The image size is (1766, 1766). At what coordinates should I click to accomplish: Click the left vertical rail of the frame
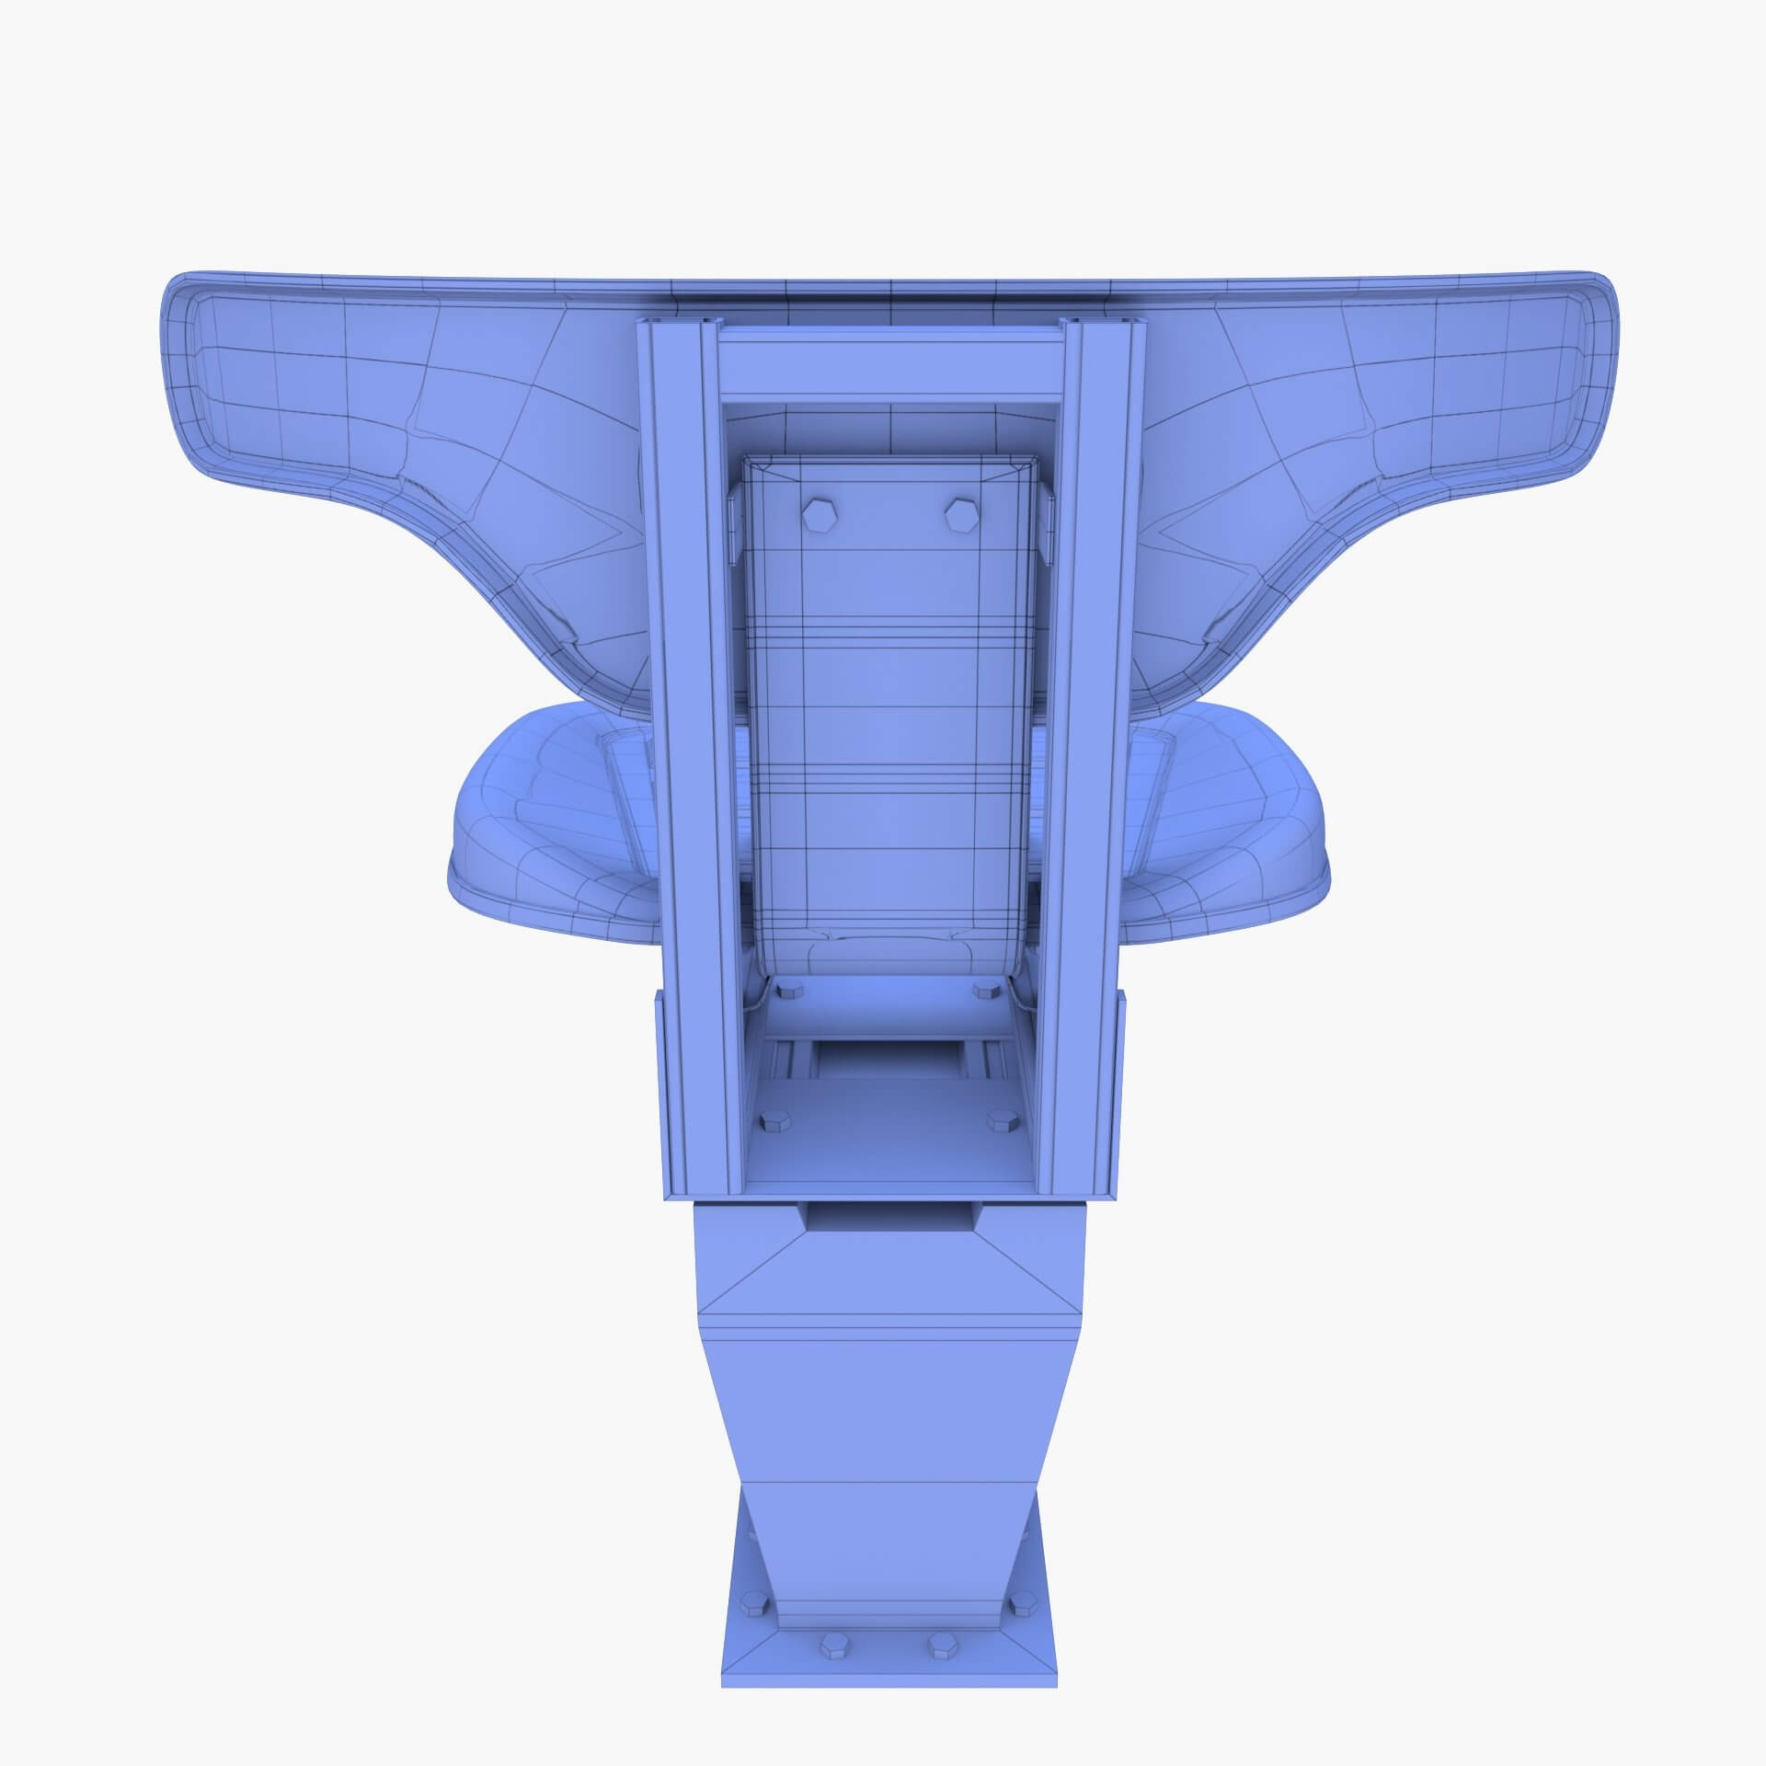[x=682, y=736]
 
